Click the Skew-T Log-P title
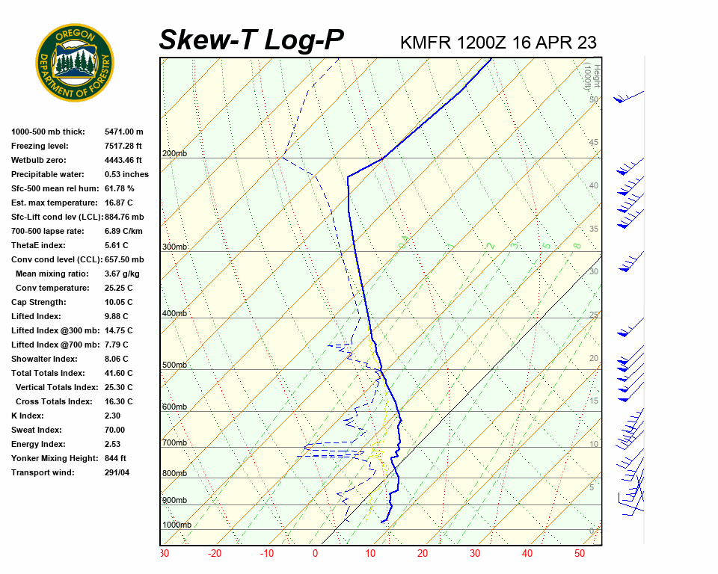coord(251,40)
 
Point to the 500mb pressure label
coord(174,365)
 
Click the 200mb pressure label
coord(174,153)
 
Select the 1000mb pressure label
coord(177,525)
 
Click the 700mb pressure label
coord(174,443)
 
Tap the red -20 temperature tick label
coord(215,554)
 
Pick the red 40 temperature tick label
coord(527,554)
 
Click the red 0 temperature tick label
coord(315,554)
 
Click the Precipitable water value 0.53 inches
coord(126,174)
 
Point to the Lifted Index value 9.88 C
coord(118,316)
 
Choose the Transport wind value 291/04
coord(117,472)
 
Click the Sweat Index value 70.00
coord(114,430)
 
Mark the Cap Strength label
coord(38,302)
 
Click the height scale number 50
coord(593,99)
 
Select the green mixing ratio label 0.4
coord(403,243)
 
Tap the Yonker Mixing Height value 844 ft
coord(115,458)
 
